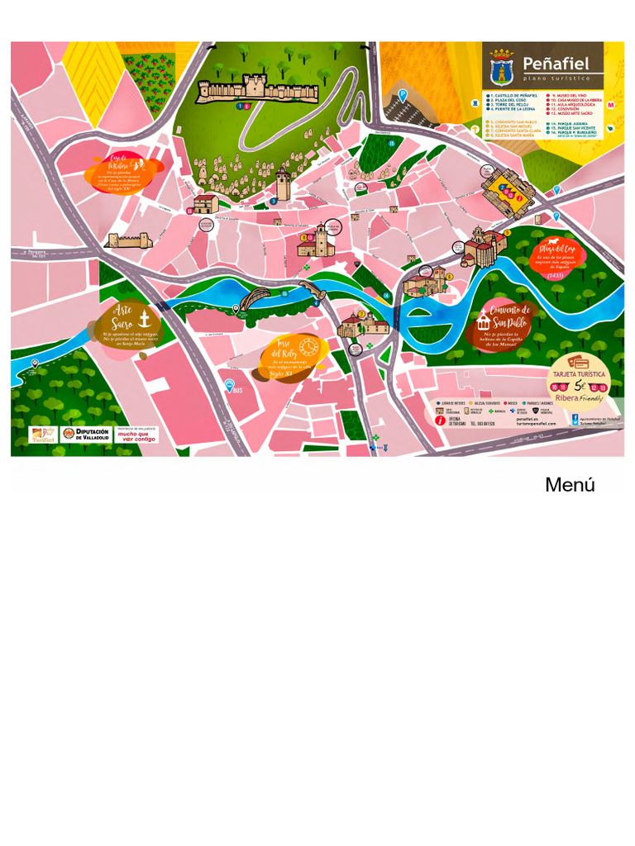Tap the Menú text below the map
tap(570, 486)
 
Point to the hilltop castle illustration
tap(256, 88)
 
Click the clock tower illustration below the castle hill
tap(283, 184)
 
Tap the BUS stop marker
tap(230, 385)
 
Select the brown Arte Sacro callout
tap(124, 325)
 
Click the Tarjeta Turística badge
tap(579, 381)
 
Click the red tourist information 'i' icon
tap(440, 421)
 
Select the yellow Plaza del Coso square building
tap(507, 191)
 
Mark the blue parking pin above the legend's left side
tap(403, 95)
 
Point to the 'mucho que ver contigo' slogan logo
tap(136, 435)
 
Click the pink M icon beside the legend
tap(611, 105)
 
